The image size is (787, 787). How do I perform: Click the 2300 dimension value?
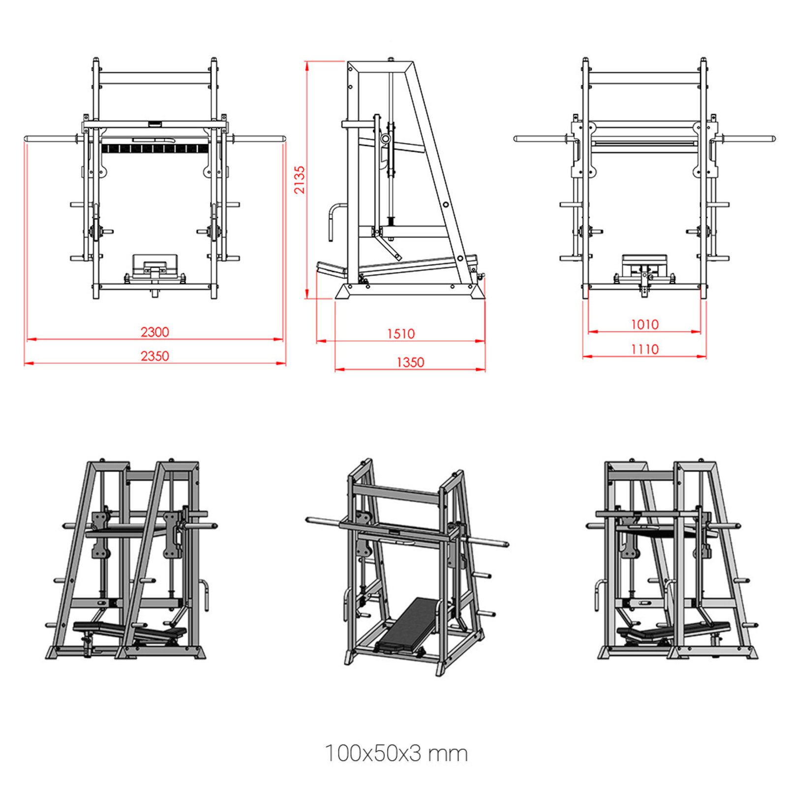point(154,332)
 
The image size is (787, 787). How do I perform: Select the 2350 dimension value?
point(154,356)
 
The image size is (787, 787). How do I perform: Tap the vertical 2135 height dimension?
point(300,180)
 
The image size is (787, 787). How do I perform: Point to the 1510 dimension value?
point(400,334)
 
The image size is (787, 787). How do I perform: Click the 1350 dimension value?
point(410,363)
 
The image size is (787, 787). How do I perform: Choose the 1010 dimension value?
point(644,325)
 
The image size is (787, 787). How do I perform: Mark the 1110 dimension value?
point(644,349)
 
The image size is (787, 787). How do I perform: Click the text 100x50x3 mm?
point(396,753)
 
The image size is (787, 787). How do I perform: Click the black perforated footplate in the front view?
point(154,148)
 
